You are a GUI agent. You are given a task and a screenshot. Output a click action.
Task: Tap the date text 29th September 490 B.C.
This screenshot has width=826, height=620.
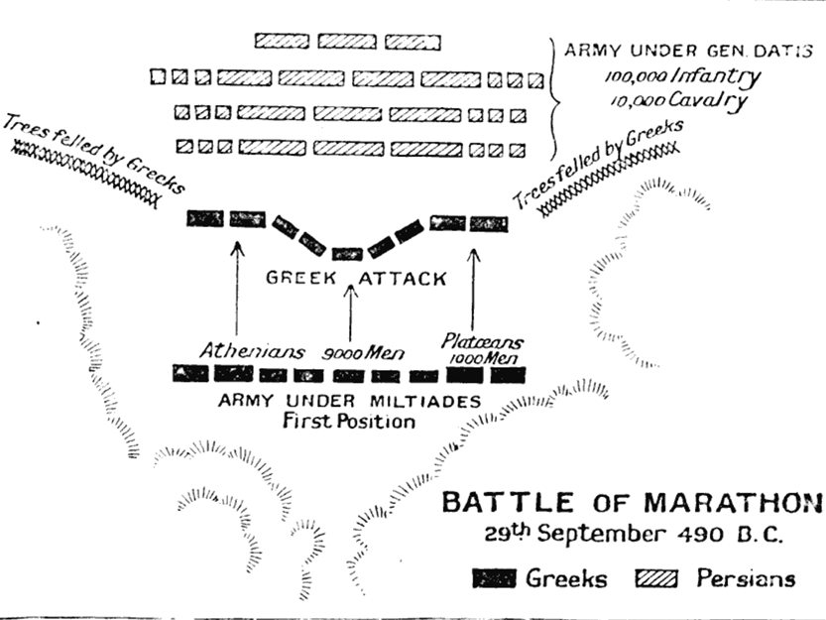tap(634, 534)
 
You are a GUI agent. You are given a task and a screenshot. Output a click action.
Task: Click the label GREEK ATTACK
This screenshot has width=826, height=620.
tap(355, 279)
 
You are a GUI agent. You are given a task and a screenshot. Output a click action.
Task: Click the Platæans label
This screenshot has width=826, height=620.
tap(483, 342)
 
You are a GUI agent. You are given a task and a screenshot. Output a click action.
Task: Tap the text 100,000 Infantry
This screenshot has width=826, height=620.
tap(677, 76)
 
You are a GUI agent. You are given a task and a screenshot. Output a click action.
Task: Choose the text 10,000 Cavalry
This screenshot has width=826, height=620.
tap(677, 101)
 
